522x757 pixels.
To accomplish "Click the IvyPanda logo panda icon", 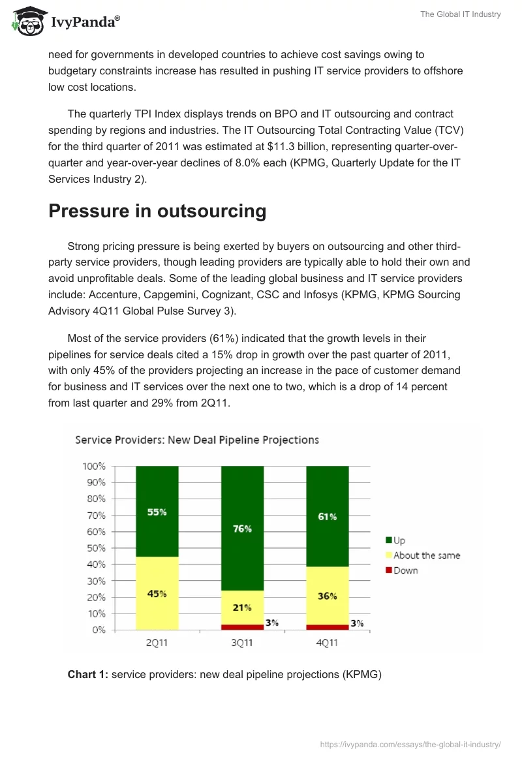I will pyautogui.click(x=27, y=21).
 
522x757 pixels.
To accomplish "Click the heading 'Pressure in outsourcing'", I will pyautogui.click(x=157, y=211).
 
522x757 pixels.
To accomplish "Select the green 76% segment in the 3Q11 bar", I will pyautogui.click(x=242, y=528).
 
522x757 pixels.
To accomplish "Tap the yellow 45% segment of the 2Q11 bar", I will pyautogui.click(x=157, y=593).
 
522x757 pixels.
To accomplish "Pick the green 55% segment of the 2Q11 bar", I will pyautogui.click(x=157, y=512).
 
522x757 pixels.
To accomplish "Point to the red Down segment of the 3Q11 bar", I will pyautogui.click(x=242, y=627).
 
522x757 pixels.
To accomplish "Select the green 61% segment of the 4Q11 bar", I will pyautogui.click(x=327, y=516).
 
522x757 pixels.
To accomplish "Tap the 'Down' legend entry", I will pyautogui.click(x=402, y=570).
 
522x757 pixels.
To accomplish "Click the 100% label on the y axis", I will pyautogui.click(x=94, y=467).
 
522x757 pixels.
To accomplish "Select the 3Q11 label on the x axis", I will pyautogui.click(x=242, y=643).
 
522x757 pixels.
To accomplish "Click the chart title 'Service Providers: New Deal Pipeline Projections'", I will pyautogui.click(x=197, y=439).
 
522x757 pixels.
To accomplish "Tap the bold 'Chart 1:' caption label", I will pyautogui.click(x=88, y=674).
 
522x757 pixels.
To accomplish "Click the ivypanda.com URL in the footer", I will pyautogui.click(x=410, y=744).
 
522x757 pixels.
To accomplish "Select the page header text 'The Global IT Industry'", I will pyautogui.click(x=460, y=14).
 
